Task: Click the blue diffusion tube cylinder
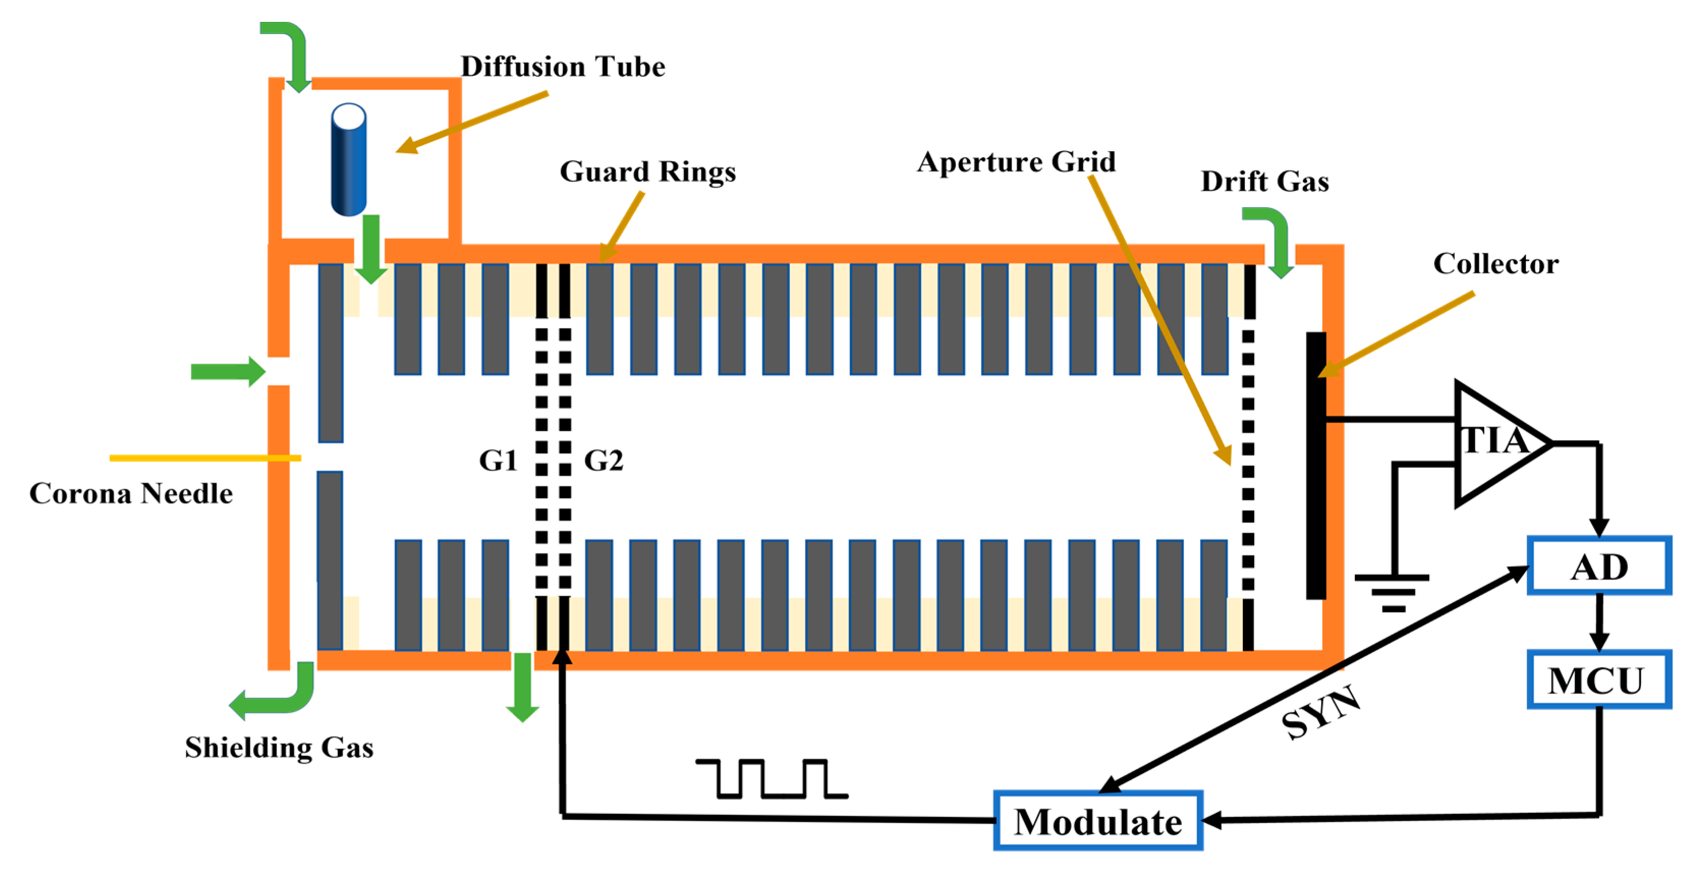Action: (348, 160)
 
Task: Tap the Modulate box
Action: (1097, 821)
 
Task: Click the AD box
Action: (1598, 566)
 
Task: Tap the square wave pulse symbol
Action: (771, 779)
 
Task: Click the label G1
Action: (498, 460)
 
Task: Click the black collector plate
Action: (1315, 465)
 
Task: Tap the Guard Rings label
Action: (647, 171)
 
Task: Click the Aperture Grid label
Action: (1015, 162)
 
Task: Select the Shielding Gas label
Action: (278, 747)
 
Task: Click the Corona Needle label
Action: (131, 493)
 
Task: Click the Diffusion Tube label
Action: (562, 67)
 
